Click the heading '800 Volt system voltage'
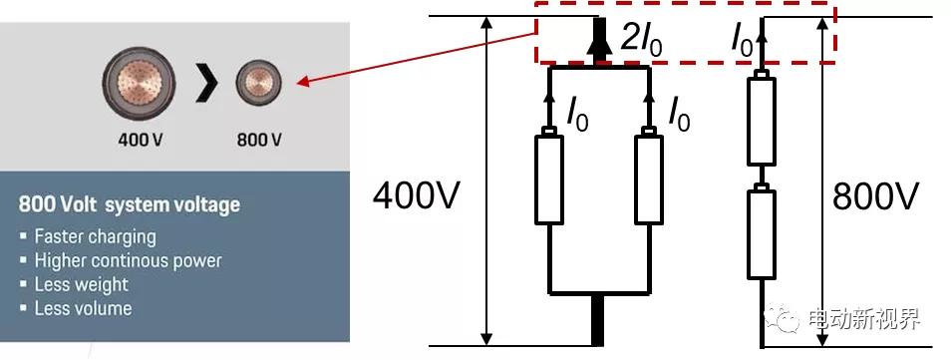coord(130,205)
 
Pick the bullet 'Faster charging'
coord(95,237)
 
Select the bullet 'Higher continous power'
coord(128,261)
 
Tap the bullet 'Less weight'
coord(82,285)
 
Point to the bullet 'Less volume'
coord(83,309)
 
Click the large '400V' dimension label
coord(416,197)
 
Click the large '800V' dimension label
coord(875,197)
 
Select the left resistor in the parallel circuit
coord(550,180)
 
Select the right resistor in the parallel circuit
coord(649,180)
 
